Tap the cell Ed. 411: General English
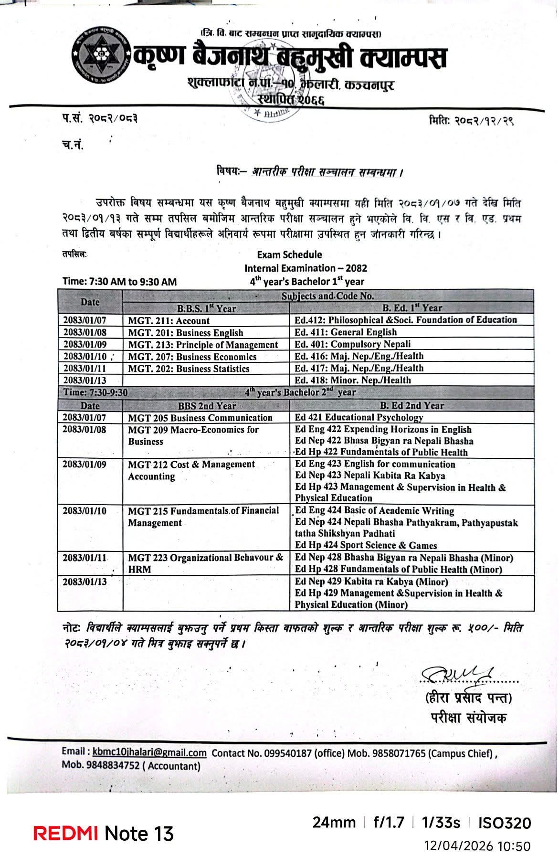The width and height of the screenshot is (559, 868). [345, 332]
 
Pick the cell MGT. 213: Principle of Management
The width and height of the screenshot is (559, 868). [203, 345]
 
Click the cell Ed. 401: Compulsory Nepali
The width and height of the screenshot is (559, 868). [352, 344]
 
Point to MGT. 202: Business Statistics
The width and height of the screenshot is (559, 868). [189, 369]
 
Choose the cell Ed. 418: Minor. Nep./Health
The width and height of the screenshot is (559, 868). [352, 380]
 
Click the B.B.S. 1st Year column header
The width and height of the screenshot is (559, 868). [206, 308]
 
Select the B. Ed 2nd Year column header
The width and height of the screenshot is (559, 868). [411, 405]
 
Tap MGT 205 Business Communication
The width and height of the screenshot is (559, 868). [200, 417]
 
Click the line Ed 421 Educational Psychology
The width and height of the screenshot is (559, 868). [359, 417]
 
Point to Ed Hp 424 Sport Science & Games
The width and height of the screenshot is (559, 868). [366, 545]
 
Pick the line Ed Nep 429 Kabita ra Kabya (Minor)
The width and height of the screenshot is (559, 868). [371, 582]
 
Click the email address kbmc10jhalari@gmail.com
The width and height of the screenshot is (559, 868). [149, 753]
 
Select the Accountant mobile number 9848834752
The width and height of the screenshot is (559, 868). [113, 766]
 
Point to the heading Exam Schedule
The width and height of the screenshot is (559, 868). [289, 254]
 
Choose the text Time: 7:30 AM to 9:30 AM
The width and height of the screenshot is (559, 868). [119, 282]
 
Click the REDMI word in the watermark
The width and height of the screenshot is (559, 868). [66, 833]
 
